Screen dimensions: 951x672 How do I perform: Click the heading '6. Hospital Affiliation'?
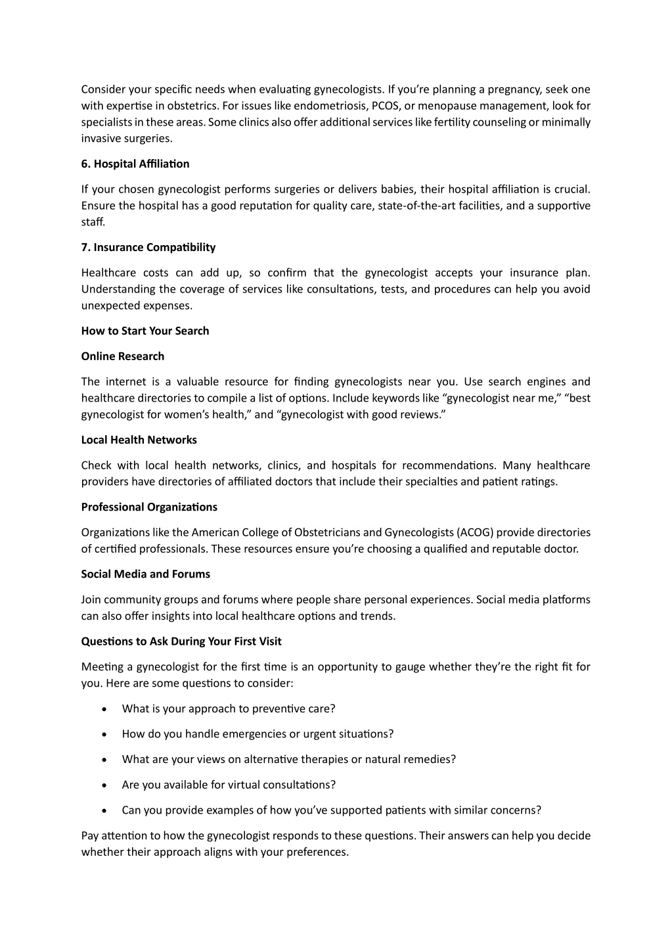pos(135,164)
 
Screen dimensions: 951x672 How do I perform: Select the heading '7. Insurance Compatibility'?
pos(148,247)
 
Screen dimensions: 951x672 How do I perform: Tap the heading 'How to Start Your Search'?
pos(145,331)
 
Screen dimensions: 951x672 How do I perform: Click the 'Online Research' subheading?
pos(123,356)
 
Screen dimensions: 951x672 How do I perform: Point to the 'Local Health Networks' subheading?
pos(139,440)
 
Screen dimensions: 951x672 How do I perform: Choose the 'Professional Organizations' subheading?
pos(149,507)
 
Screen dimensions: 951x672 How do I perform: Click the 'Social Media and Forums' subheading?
pos(146,574)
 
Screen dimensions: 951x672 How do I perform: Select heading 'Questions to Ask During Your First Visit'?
pos(181,641)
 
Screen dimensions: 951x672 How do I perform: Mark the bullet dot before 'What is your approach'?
pos(105,709)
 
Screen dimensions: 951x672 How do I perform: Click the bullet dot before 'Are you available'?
pos(105,785)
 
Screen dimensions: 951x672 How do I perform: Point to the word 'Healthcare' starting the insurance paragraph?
pos(108,273)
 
